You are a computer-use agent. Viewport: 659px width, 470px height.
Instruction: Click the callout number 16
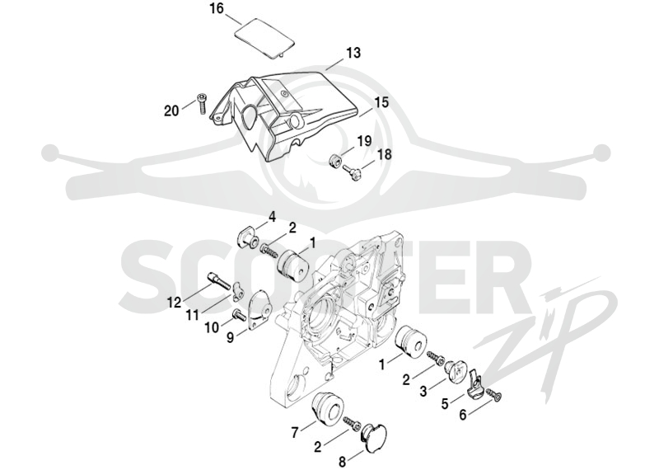pos(217,9)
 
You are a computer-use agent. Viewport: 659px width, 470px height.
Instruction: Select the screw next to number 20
pos(201,103)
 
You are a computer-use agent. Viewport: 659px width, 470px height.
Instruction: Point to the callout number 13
pos(353,54)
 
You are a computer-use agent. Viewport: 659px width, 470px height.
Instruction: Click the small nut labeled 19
pos(334,160)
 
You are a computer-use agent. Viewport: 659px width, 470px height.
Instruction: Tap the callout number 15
pos(381,103)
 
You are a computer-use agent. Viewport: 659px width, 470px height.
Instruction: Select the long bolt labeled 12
pos(218,280)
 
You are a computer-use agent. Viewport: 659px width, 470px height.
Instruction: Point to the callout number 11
pos(193,315)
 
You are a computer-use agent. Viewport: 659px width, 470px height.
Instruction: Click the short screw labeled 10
pos(239,314)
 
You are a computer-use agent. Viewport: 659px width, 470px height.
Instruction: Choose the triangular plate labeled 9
pos(260,311)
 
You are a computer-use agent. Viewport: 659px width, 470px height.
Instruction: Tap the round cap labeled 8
pos(373,438)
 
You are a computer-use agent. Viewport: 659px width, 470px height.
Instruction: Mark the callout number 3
pos(423,391)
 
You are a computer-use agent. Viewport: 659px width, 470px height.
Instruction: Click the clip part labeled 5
pos(475,384)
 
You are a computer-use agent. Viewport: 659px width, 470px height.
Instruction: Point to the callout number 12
pos(174,302)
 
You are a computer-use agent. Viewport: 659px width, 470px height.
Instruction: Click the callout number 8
pos(342,462)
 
